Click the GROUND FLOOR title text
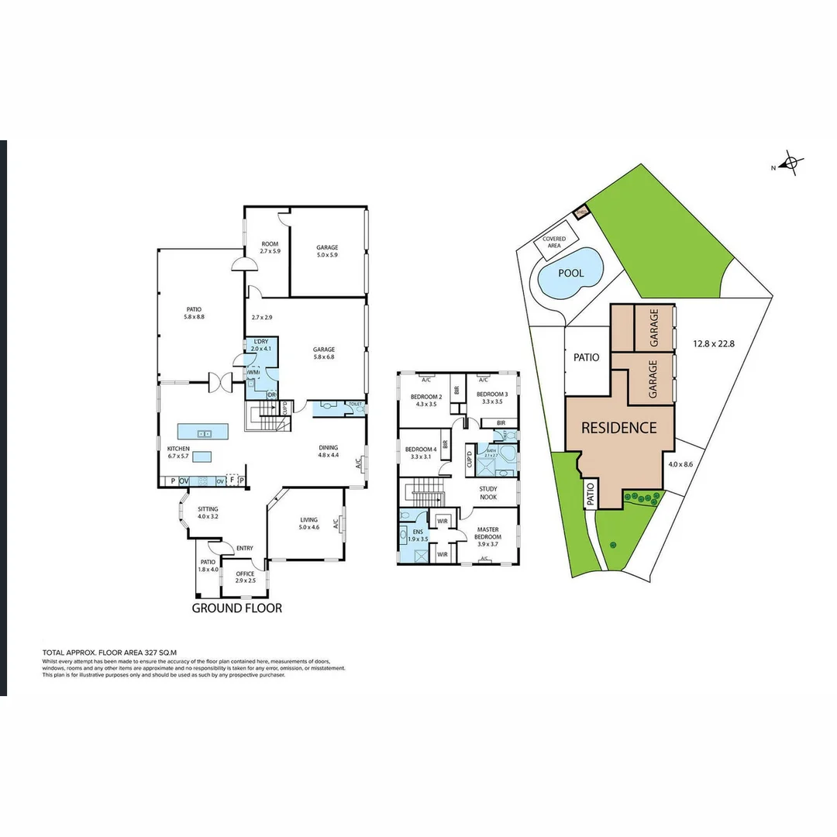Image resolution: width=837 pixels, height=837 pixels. pyautogui.click(x=237, y=608)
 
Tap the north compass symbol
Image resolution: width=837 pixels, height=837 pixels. pyautogui.click(x=790, y=164)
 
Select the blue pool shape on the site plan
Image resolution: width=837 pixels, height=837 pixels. pyautogui.click(x=571, y=274)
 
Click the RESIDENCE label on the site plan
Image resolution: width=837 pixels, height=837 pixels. pyautogui.click(x=618, y=428)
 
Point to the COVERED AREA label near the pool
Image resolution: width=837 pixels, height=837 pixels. pyautogui.click(x=553, y=243)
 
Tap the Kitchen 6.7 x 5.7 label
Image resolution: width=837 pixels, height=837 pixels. pyautogui.click(x=178, y=453)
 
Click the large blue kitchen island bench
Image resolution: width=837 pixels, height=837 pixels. pyautogui.click(x=203, y=432)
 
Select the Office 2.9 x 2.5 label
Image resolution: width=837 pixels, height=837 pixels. pyautogui.click(x=245, y=577)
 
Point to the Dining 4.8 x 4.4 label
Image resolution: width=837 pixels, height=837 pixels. pyautogui.click(x=329, y=451)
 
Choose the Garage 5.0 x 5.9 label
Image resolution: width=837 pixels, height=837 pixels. pyautogui.click(x=327, y=251)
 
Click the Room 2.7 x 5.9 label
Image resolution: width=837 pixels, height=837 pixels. pyautogui.click(x=269, y=247)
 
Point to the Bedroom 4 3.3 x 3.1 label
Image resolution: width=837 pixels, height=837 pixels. pyautogui.click(x=421, y=453)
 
